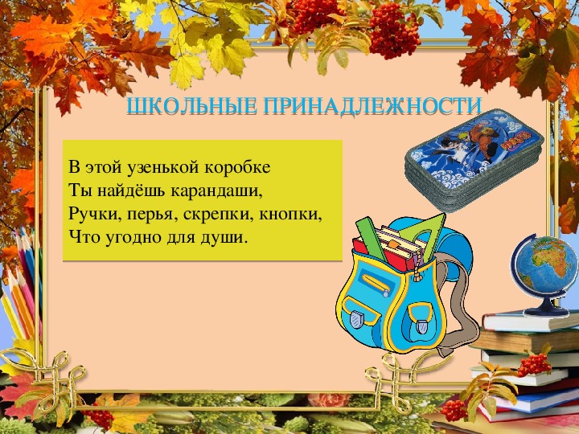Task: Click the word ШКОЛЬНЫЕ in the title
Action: point(191,106)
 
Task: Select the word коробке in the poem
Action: point(237,167)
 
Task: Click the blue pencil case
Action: point(474,160)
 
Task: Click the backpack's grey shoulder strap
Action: point(457,303)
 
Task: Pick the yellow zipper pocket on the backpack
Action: point(376,285)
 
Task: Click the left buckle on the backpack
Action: point(356,320)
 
